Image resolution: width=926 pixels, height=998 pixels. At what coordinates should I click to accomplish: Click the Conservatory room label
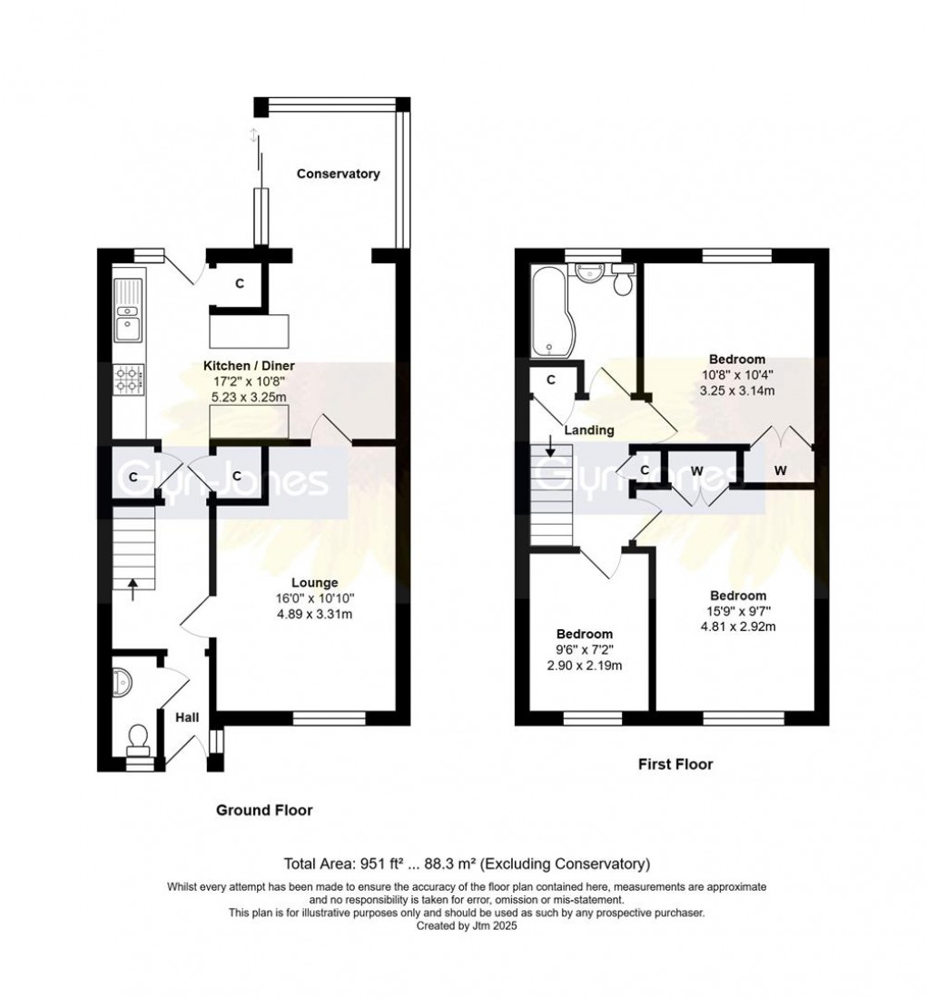pyautogui.click(x=339, y=173)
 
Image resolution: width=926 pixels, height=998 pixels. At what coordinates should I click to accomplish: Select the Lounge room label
pyautogui.click(x=314, y=582)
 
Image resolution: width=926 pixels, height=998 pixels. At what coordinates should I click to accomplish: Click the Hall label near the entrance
pyautogui.click(x=187, y=717)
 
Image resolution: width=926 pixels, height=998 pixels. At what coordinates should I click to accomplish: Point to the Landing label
pyautogui.click(x=588, y=430)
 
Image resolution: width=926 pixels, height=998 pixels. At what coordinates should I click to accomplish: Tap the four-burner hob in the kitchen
pyautogui.click(x=128, y=379)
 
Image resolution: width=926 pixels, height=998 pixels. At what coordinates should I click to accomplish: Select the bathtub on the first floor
pyautogui.click(x=547, y=311)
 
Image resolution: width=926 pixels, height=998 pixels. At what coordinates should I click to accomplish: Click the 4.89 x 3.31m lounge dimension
pyautogui.click(x=314, y=615)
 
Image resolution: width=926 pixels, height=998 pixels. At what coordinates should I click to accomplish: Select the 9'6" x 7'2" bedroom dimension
pyautogui.click(x=584, y=650)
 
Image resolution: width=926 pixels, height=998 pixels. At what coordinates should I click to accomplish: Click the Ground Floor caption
pyautogui.click(x=263, y=809)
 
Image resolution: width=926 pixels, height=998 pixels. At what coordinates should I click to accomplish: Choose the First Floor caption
pyautogui.click(x=673, y=764)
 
